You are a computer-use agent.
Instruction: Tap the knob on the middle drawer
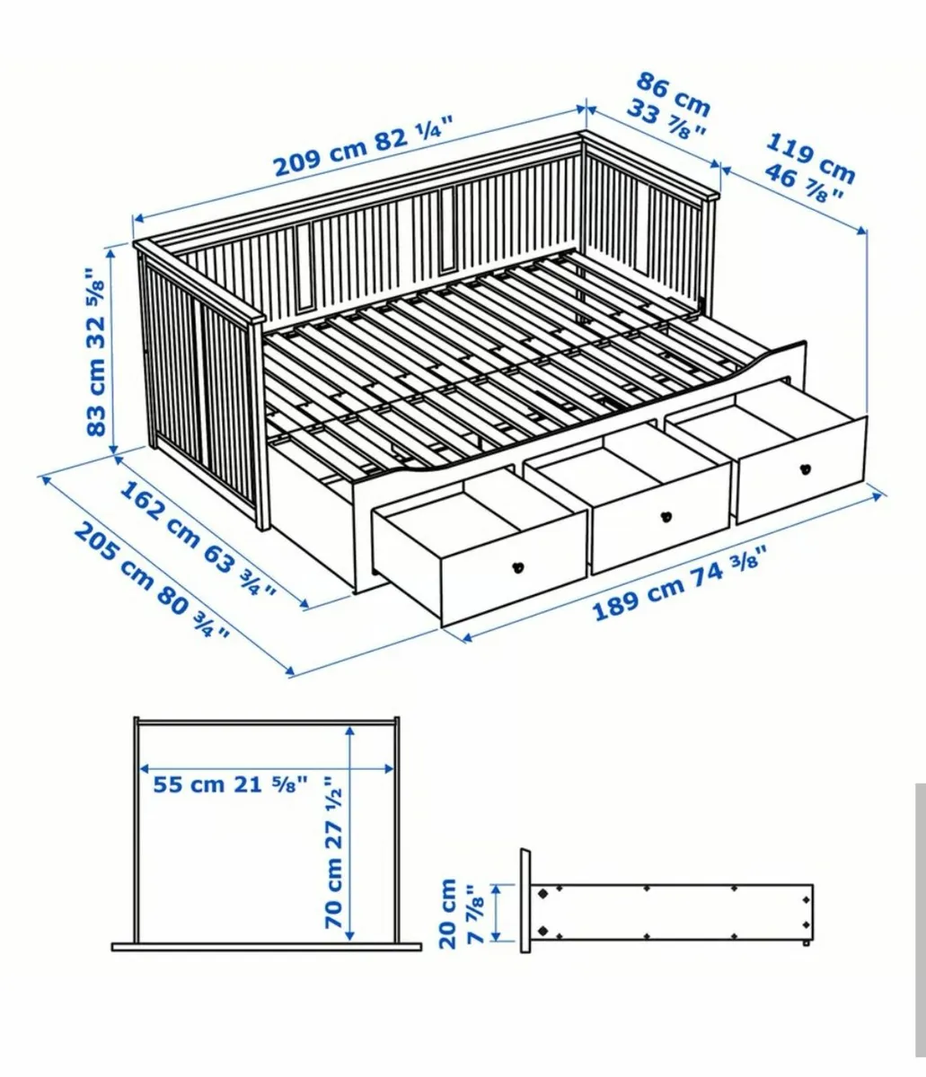point(666,516)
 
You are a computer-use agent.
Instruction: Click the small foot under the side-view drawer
point(807,943)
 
